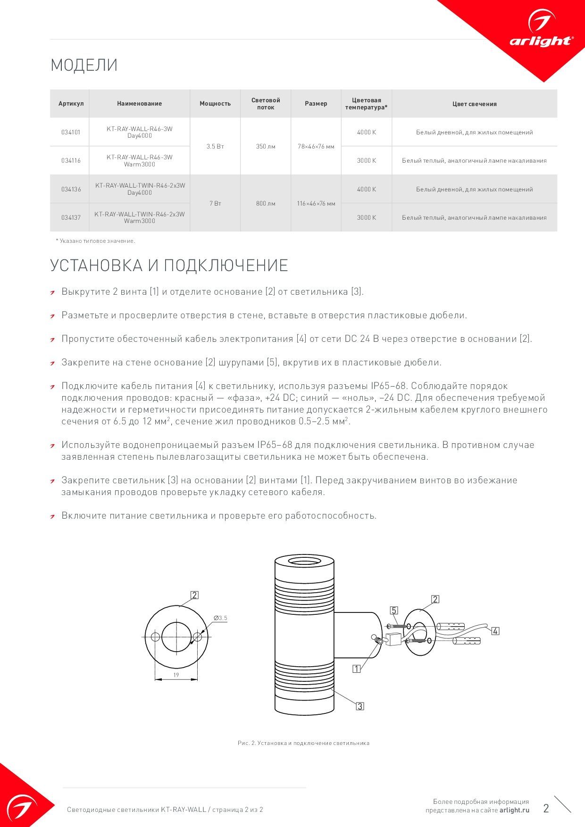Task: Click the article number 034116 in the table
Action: pos(71,161)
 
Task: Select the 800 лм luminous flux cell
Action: pos(266,204)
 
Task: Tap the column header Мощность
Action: pos(215,104)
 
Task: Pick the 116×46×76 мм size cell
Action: pos(316,204)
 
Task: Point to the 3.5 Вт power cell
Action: pos(215,147)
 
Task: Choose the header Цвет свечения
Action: pos(474,104)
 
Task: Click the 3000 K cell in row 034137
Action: pos(367,218)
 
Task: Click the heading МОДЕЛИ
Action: pos(84,65)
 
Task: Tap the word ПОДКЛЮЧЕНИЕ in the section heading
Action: pos(226,265)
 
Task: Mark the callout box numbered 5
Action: pos(394,611)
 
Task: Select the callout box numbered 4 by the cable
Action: pos(495,631)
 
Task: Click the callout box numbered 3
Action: pos(360,706)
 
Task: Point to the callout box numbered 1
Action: pos(357,669)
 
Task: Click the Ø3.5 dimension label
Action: pos(220,618)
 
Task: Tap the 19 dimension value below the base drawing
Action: pos(176,675)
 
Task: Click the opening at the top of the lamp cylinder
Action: pos(304,562)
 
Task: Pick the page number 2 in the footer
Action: pos(546,809)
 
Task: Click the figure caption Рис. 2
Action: pos(303,743)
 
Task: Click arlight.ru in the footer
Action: pos(514,810)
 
